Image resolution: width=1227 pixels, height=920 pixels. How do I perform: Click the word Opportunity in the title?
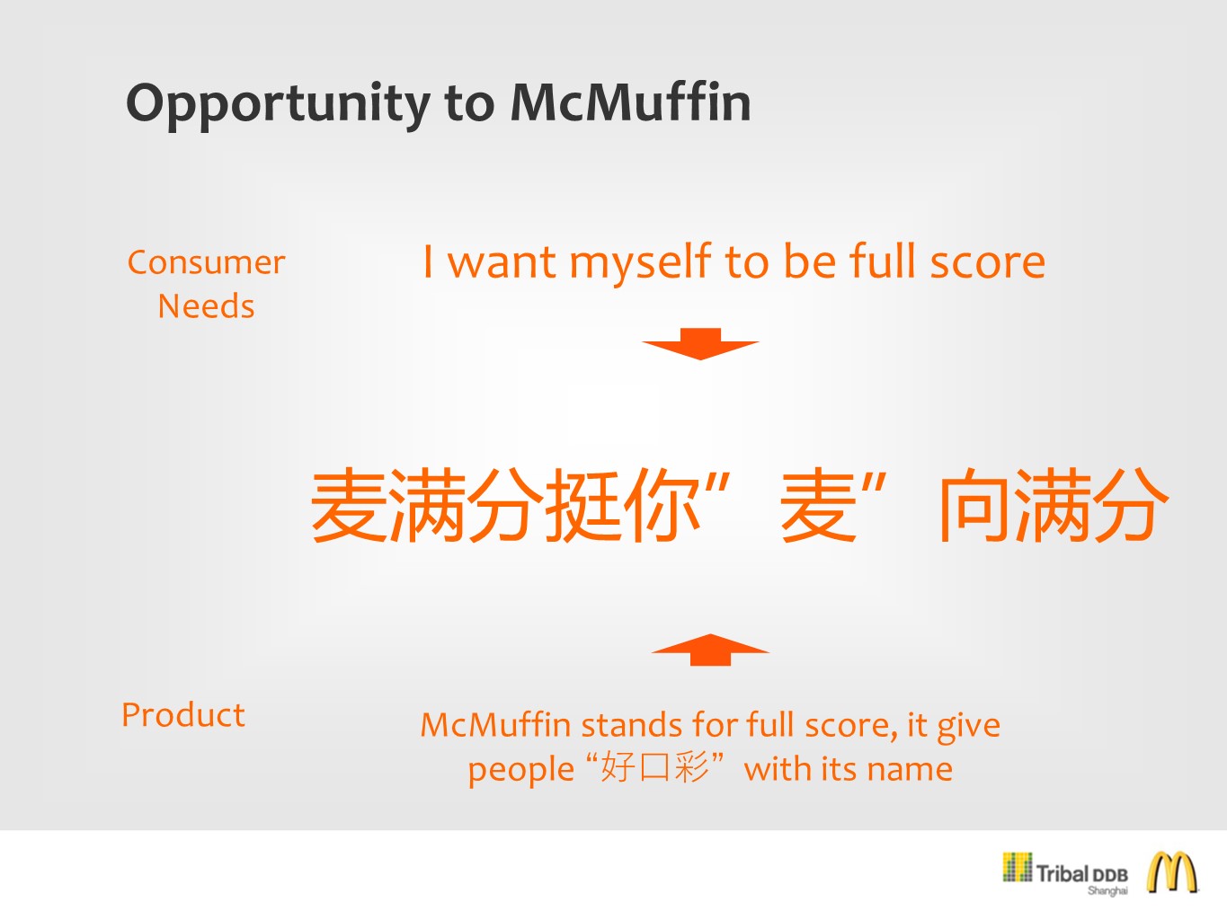[279, 104]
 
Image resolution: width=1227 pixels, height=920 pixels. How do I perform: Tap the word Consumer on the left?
[206, 262]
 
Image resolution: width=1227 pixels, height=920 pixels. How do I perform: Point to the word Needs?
[206, 306]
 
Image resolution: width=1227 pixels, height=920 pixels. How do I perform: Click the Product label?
[183, 714]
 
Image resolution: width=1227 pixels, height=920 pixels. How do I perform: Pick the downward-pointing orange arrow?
[700, 343]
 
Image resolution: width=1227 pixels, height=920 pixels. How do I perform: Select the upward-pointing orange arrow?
[710, 650]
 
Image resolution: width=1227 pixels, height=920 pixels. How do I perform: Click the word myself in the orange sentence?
[641, 264]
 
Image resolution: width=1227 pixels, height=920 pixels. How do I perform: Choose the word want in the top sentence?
[502, 262]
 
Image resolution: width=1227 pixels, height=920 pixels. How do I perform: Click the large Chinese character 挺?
[584, 504]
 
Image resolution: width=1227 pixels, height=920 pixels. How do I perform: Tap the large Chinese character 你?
[662, 504]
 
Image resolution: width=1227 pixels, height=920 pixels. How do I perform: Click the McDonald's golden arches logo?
[1171, 873]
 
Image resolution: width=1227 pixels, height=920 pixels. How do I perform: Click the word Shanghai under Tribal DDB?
[1107, 890]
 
